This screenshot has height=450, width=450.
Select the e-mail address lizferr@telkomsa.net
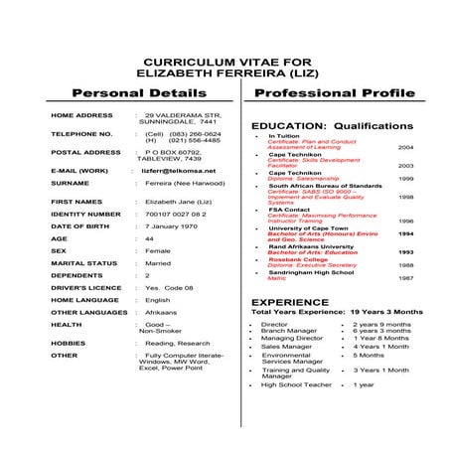coord(180,170)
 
